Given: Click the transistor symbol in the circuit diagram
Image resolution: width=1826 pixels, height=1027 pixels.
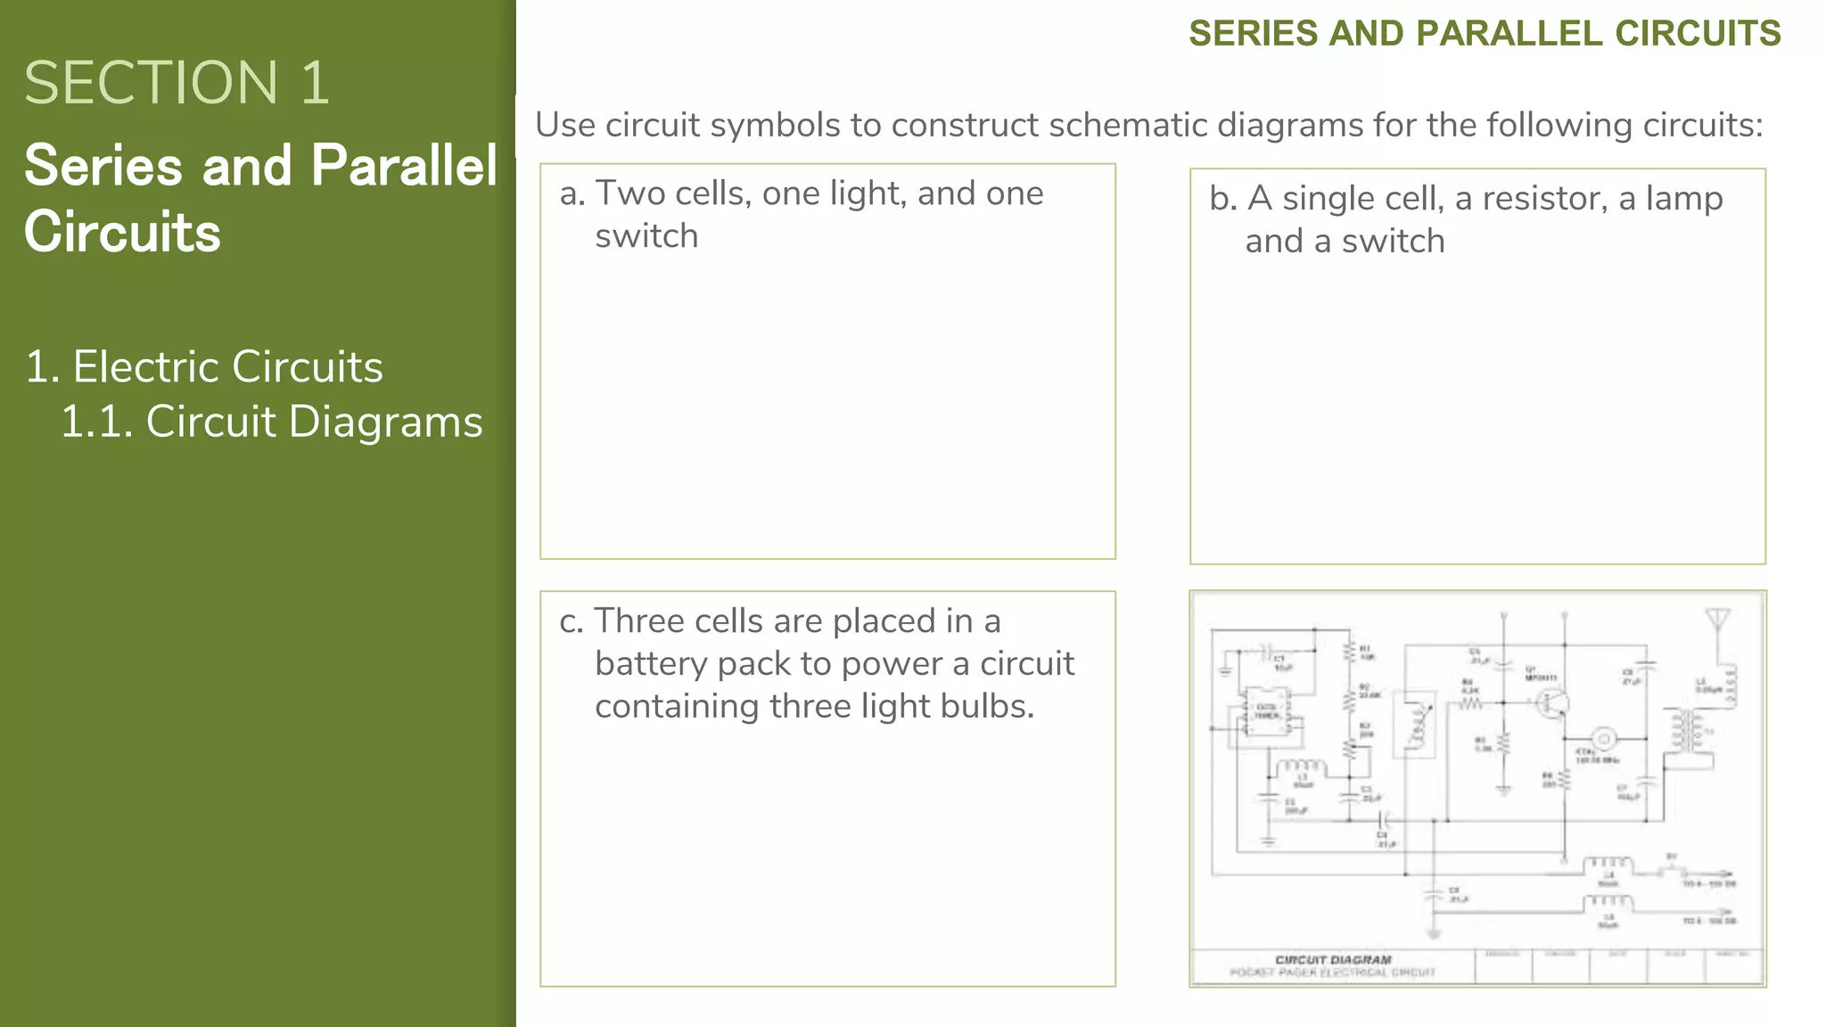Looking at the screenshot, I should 1551,704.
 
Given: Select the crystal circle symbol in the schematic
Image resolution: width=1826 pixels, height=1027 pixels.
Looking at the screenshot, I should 1604,738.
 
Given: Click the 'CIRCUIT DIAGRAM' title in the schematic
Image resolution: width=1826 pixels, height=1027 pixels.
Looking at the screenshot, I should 1333,959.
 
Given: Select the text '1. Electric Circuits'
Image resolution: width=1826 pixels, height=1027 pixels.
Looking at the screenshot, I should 204,366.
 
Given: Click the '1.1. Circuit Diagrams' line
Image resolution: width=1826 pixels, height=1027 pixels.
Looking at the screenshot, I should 271,422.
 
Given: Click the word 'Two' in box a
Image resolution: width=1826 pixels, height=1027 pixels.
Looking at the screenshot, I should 629,193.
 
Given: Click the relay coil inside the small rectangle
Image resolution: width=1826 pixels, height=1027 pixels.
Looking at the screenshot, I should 1417,726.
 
